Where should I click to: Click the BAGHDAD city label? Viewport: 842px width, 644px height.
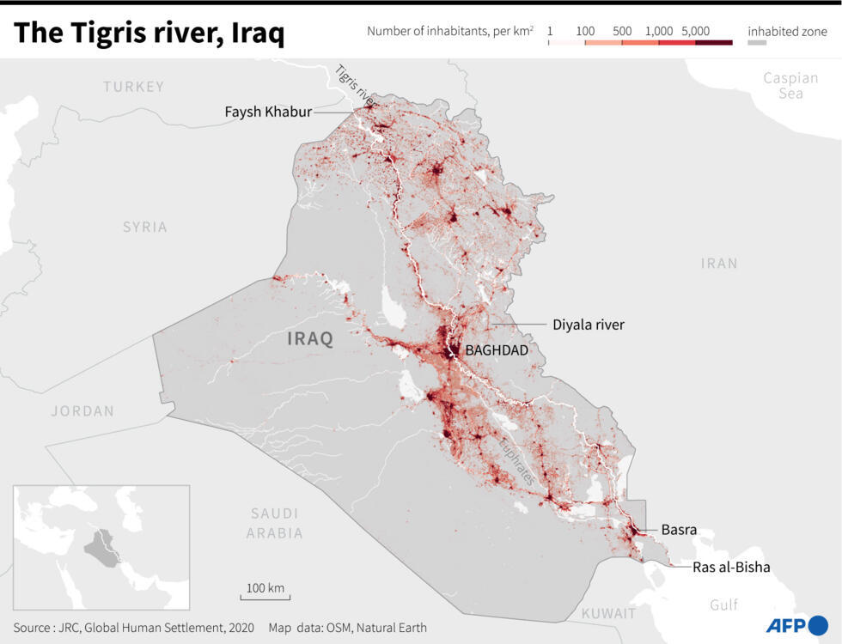pyautogui.click(x=496, y=350)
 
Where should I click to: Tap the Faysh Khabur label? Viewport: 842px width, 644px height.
pyautogui.click(x=268, y=112)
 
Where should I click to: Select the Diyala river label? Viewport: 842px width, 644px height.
pyautogui.click(x=588, y=325)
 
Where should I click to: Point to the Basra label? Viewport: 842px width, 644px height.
pyautogui.click(x=679, y=530)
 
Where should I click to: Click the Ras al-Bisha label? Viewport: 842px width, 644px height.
pyautogui.click(x=731, y=567)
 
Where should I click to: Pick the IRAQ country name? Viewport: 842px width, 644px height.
pyautogui.click(x=309, y=338)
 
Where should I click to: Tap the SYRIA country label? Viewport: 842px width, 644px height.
pyautogui.click(x=144, y=228)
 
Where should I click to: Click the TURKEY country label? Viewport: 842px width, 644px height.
pyautogui.click(x=133, y=87)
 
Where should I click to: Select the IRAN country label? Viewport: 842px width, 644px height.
pyautogui.click(x=718, y=263)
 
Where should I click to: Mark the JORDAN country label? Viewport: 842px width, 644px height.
pyautogui.click(x=82, y=411)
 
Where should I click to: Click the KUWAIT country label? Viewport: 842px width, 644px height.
pyautogui.click(x=608, y=614)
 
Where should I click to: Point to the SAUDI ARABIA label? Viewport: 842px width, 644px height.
pyautogui.click(x=276, y=523)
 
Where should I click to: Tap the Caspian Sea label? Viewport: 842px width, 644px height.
pyautogui.click(x=790, y=85)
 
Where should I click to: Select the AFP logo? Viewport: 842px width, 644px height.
pyautogui.click(x=795, y=624)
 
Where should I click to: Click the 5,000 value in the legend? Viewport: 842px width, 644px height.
pyautogui.click(x=695, y=31)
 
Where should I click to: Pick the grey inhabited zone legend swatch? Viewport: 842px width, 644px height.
pyautogui.click(x=756, y=42)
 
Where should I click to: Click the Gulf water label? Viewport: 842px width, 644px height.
pyautogui.click(x=723, y=605)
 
